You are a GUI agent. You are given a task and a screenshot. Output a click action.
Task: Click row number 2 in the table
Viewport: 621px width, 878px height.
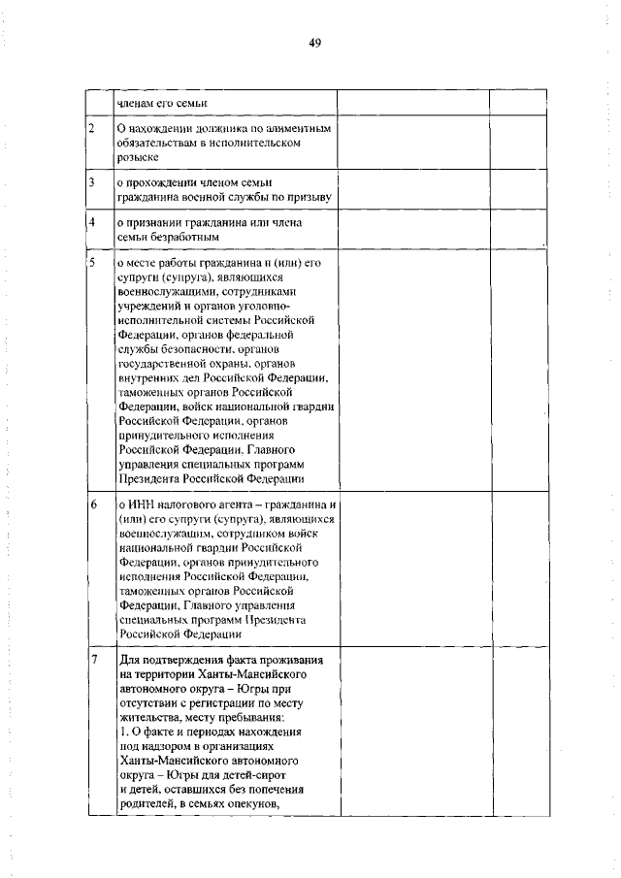tap(92, 128)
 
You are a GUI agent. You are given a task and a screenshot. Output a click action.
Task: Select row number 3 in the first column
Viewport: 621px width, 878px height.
tap(91, 181)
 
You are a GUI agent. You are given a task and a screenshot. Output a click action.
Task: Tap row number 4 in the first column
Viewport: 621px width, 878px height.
tap(91, 223)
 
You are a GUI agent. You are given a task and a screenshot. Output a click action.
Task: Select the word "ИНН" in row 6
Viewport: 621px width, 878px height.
tap(139, 506)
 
